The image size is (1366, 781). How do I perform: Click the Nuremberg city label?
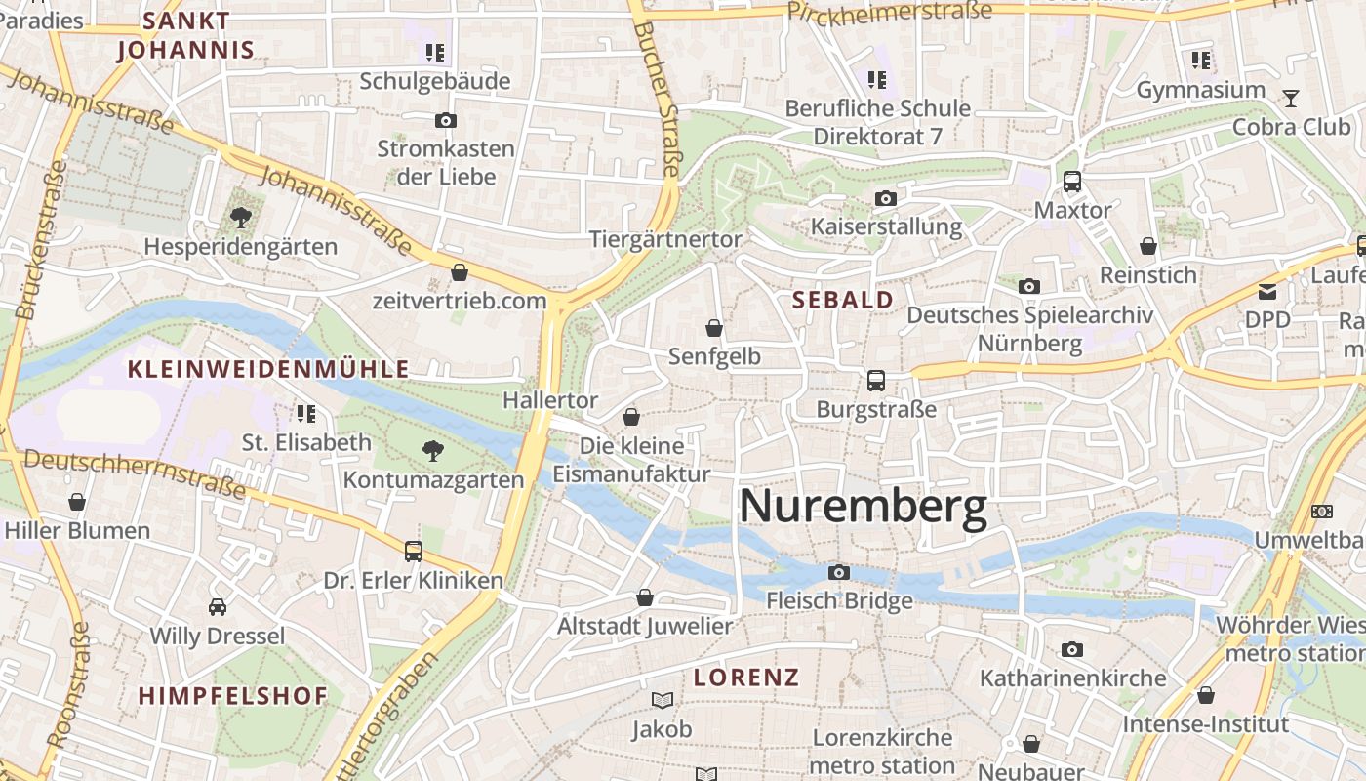pos(863,508)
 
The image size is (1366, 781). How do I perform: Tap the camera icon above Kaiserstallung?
pos(885,199)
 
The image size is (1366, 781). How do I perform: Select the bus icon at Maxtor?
pos(1071,181)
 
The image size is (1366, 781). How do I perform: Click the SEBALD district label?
pos(843,300)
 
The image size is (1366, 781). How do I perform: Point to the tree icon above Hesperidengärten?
pos(240,218)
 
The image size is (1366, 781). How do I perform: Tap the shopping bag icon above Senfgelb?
pos(714,328)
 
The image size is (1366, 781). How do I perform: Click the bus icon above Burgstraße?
pos(875,381)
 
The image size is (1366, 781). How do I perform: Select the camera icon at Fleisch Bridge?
pos(838,572)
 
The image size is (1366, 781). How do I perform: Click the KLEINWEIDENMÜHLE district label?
pos(268,369)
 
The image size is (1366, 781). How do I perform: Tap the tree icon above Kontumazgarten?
pos(432,450)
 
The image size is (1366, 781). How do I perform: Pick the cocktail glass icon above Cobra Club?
pos(1291,98)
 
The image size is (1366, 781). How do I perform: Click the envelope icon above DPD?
pos(1266,290)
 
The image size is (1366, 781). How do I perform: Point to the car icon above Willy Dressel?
pos(217,607)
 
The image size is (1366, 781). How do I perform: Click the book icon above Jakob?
pos(662,700)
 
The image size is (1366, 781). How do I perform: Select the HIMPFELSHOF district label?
pos(232,696)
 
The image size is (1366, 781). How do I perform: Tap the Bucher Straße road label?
pos(656,98)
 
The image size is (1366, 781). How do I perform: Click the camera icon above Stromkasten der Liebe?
pos(445,121)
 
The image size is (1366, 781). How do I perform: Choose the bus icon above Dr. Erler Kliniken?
pos(413,551)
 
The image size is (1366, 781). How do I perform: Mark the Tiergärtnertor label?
pos(665,239)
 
